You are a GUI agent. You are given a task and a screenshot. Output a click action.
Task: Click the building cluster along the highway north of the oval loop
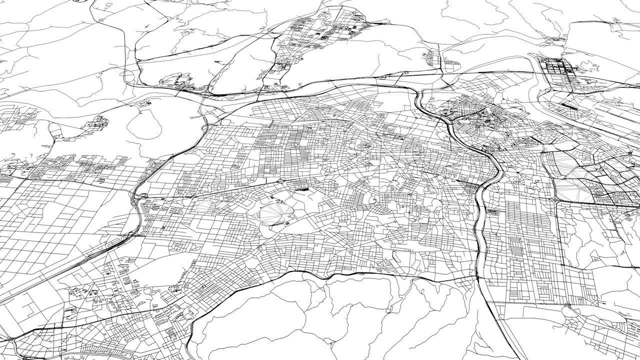tap(180, 82)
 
